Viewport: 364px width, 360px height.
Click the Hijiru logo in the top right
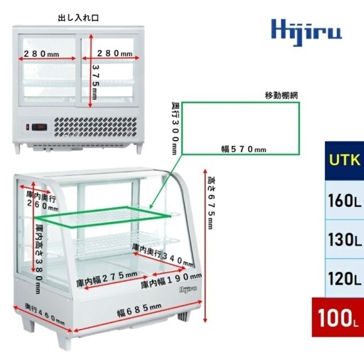tap(306, 33)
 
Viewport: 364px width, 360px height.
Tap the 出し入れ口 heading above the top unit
tap(78, 18)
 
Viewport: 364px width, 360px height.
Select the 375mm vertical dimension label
tap(95, 82)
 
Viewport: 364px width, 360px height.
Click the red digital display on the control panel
tap(39, 127)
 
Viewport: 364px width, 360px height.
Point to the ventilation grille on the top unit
tap(95, 127)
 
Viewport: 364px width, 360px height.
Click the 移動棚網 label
tap(282, 95)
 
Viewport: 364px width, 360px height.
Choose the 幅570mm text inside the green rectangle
tap(244, 149)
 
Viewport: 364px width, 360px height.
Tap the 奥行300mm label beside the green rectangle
tap(175, 128)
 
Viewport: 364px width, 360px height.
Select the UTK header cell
tap(344, 161)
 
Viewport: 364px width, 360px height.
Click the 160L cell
tap(344, 200)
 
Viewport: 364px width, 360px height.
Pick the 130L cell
tap(344, 239)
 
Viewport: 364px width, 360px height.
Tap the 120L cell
tap(344, 278)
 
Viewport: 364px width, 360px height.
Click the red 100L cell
tap(338, 317)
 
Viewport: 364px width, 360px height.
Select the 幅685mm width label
tap(139, 309)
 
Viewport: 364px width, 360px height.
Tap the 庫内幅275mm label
tap(107, 279)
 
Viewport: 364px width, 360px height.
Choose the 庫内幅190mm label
tap(171, 280)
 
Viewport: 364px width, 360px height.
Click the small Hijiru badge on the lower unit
tap(188, 290)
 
